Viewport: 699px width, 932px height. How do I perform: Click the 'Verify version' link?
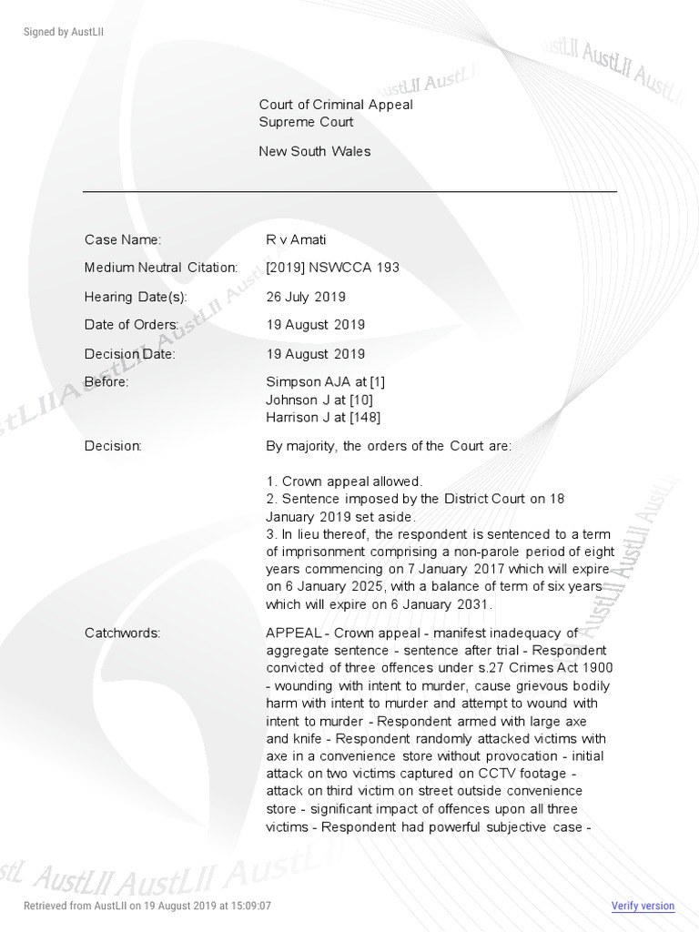click(x=643, y=906)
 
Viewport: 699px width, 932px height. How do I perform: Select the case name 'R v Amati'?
click(x=296, y=239)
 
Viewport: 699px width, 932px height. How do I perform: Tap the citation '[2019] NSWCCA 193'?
click(x=332, y=268)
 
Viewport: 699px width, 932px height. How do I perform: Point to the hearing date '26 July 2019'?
click(x=305, y=297)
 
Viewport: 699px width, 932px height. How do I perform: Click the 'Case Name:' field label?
click(x=123, y=239)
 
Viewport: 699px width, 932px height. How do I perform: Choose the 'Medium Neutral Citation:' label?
click(x=161, y=268)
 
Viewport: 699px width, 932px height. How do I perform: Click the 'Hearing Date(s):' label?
click(x=136, y=297)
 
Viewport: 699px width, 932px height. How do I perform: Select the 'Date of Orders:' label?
click(x=133, y=325)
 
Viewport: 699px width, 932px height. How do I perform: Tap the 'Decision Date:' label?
click(x=129, y=354)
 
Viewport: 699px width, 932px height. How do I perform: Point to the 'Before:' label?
click(x=106, y=382)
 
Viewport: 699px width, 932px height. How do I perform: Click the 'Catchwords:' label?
click(x=122, y=633)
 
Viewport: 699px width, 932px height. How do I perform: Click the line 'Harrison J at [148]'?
click(x=323, y=418)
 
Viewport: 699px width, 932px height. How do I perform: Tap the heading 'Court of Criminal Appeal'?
click(x=336, y=105)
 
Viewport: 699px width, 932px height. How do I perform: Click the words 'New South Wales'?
click(x=315, y=151)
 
